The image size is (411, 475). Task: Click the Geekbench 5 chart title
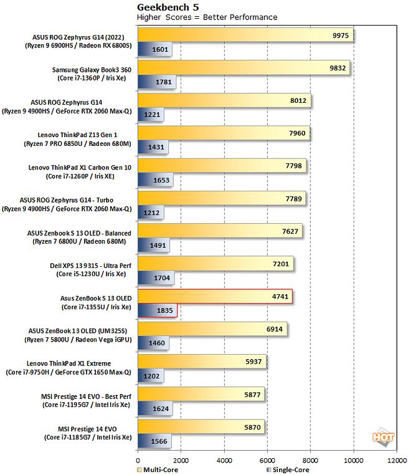(164, 7)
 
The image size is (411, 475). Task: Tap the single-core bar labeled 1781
(156, 82)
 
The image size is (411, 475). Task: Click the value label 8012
(296, 102)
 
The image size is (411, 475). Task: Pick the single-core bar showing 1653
(155, 181)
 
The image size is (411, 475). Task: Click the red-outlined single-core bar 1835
(157, 310)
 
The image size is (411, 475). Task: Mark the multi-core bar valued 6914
(212, 329)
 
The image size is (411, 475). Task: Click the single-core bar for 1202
(150, 376)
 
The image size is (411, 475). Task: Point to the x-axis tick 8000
(310, 460)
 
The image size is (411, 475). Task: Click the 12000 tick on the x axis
(396, 460)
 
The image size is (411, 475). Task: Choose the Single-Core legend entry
(288, 469)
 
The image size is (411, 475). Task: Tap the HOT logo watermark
(383, 438)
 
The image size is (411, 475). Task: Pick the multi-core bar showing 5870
(201, 426)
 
